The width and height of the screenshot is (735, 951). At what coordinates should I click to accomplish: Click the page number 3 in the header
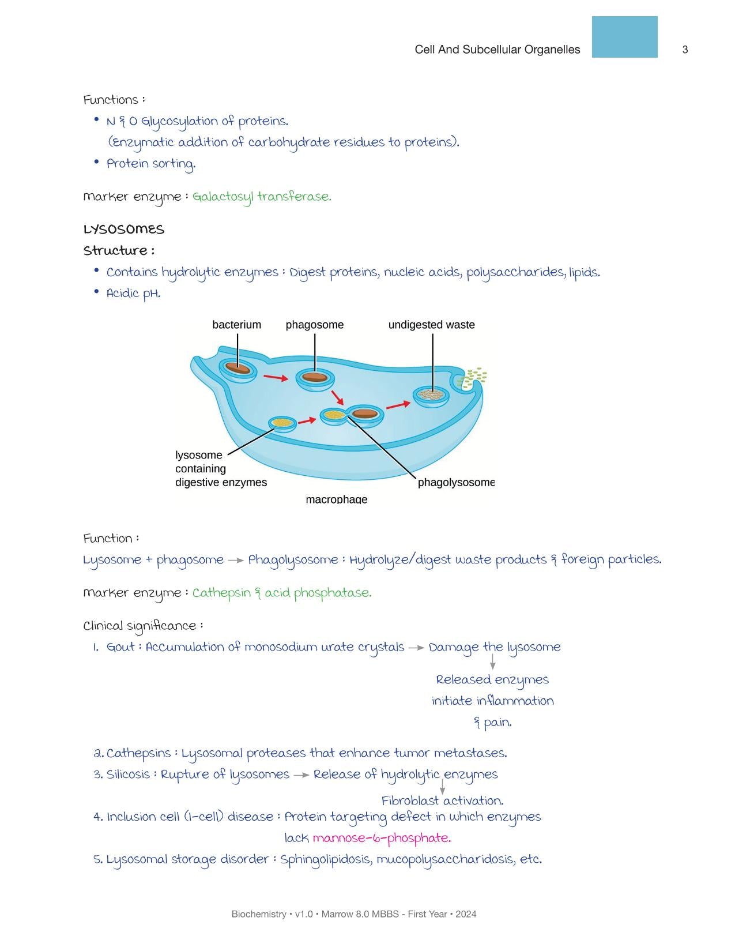pos(685,50)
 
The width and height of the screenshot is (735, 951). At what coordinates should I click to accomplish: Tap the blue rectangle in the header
pos(624,37)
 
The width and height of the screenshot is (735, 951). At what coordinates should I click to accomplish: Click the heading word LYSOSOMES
pos(124,230)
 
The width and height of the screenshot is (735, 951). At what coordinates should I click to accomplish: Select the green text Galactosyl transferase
pos(262,197)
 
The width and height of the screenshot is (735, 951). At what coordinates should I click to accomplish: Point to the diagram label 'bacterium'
pos(236,325)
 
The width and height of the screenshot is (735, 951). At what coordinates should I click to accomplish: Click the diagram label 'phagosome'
pos(315,325)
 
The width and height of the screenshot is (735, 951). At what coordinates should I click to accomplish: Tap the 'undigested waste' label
pos(431,325)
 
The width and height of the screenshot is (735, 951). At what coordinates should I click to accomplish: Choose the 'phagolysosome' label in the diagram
pos(455,482)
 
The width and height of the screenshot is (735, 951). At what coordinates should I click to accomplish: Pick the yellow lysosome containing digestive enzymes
pos(282,423)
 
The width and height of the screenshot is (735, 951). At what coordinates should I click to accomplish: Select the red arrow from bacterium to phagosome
pos(276,378)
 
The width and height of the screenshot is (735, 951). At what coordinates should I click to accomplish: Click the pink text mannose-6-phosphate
pos(382,838)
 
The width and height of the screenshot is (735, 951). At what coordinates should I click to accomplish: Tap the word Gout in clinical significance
pos(121,647)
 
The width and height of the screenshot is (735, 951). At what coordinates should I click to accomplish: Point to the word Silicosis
pos(128,775)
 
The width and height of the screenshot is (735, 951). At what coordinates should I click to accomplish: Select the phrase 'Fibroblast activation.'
pos(442,801)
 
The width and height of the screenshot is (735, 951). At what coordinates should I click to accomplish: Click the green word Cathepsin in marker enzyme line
pos(221,593)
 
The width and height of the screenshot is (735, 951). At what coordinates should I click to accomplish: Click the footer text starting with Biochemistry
pos(354,914)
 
